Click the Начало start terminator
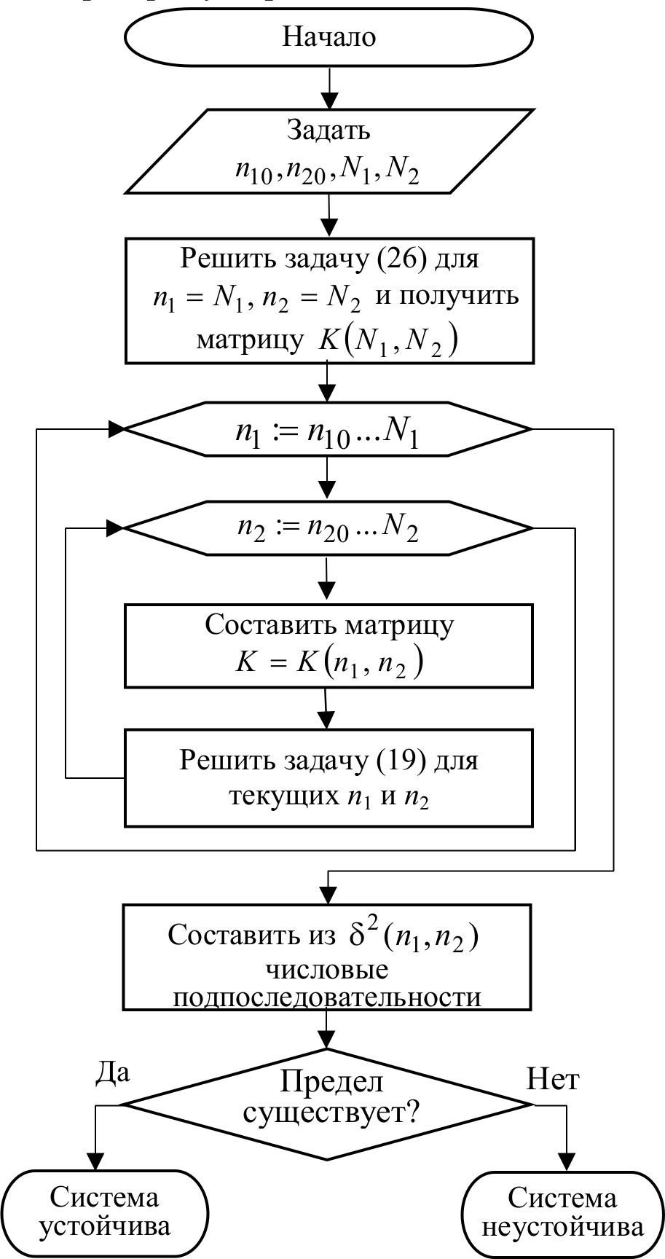(328, 36)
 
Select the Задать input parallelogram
(328, 152)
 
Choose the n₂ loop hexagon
(328, 528)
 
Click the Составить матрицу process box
(328, 645)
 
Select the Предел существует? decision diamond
(328, 1104)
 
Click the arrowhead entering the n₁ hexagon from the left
(117, 430)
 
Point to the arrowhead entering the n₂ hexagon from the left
(117, 527)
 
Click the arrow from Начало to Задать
(329, 87)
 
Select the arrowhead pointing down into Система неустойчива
(567, 1161)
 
